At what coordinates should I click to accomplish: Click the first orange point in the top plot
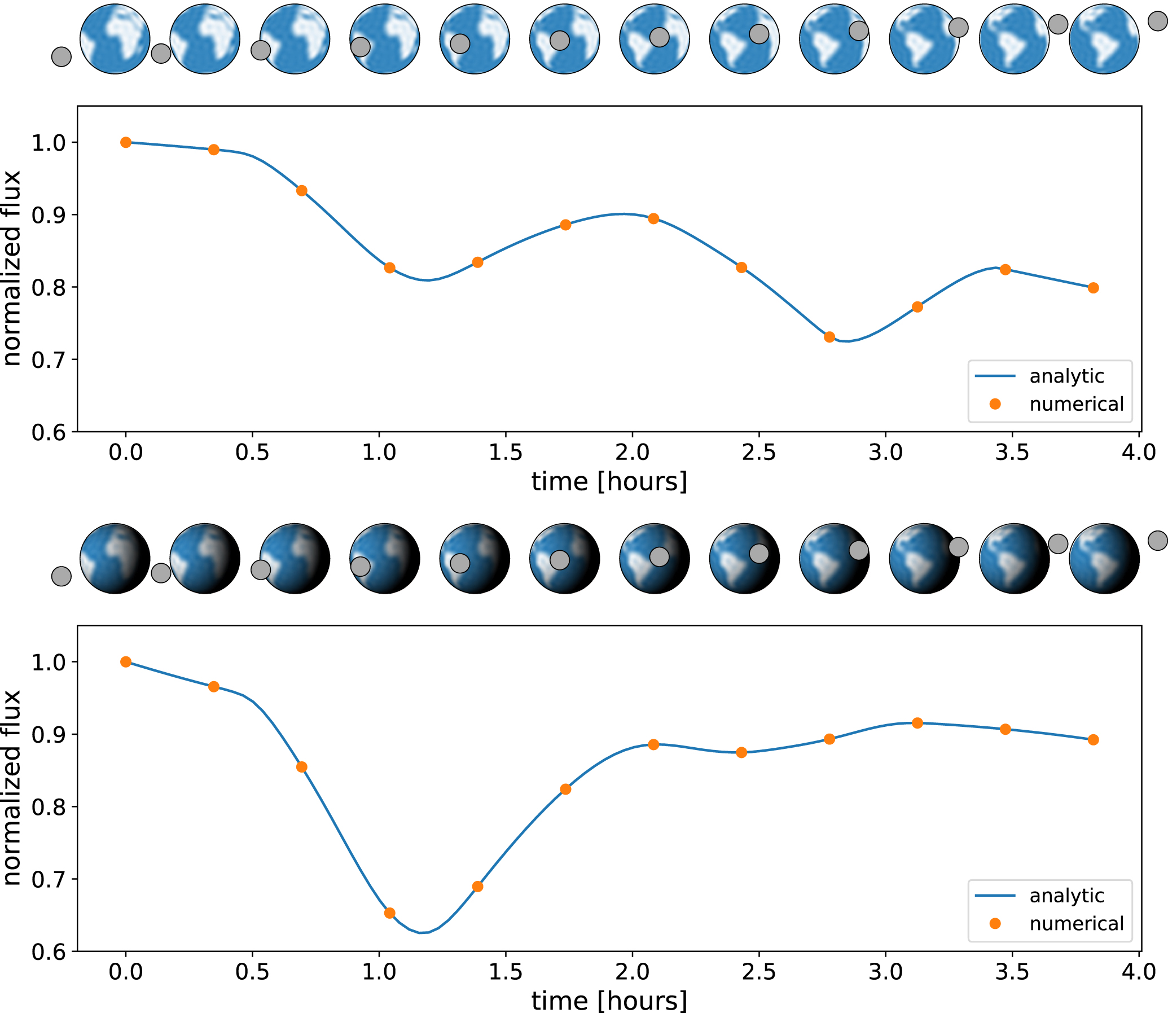[126, 142]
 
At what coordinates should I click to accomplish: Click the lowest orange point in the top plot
[829, 337]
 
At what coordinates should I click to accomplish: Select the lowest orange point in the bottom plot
[389, 913]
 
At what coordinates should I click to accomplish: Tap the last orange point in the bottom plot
[1094, 740]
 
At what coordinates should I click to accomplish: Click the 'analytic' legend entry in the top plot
[1066, 376]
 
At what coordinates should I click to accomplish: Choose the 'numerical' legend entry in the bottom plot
[1076, 924]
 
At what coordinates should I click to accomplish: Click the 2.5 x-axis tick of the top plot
[758, 453]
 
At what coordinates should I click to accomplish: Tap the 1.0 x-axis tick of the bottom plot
[379, 972]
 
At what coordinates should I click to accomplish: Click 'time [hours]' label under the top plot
[609, 482]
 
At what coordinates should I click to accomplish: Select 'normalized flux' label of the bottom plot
[12, 788]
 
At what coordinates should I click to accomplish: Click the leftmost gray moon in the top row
[61, 56]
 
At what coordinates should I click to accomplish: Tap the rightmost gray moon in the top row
[1158, 21]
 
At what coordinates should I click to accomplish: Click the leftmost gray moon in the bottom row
[61, 577]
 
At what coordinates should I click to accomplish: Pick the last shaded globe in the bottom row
[1104, 559]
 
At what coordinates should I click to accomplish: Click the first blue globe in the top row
[115, 38]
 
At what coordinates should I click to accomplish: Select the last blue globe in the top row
[1104, 38]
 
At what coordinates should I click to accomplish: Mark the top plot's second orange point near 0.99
[214, 150]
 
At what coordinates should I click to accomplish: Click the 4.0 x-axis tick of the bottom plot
[1139, 972]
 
